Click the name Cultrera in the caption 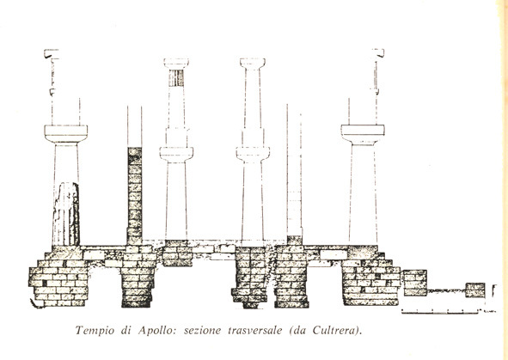334,331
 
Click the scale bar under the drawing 439,312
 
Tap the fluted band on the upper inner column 176,77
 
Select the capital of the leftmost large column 66,134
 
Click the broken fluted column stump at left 66,214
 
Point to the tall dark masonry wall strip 134,196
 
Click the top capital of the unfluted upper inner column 253,64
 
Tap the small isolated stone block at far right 475,290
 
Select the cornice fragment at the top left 52,54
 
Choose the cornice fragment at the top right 377,53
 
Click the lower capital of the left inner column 176,154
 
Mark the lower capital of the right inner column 253,154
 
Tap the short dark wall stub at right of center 295,241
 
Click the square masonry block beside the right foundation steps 414,283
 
